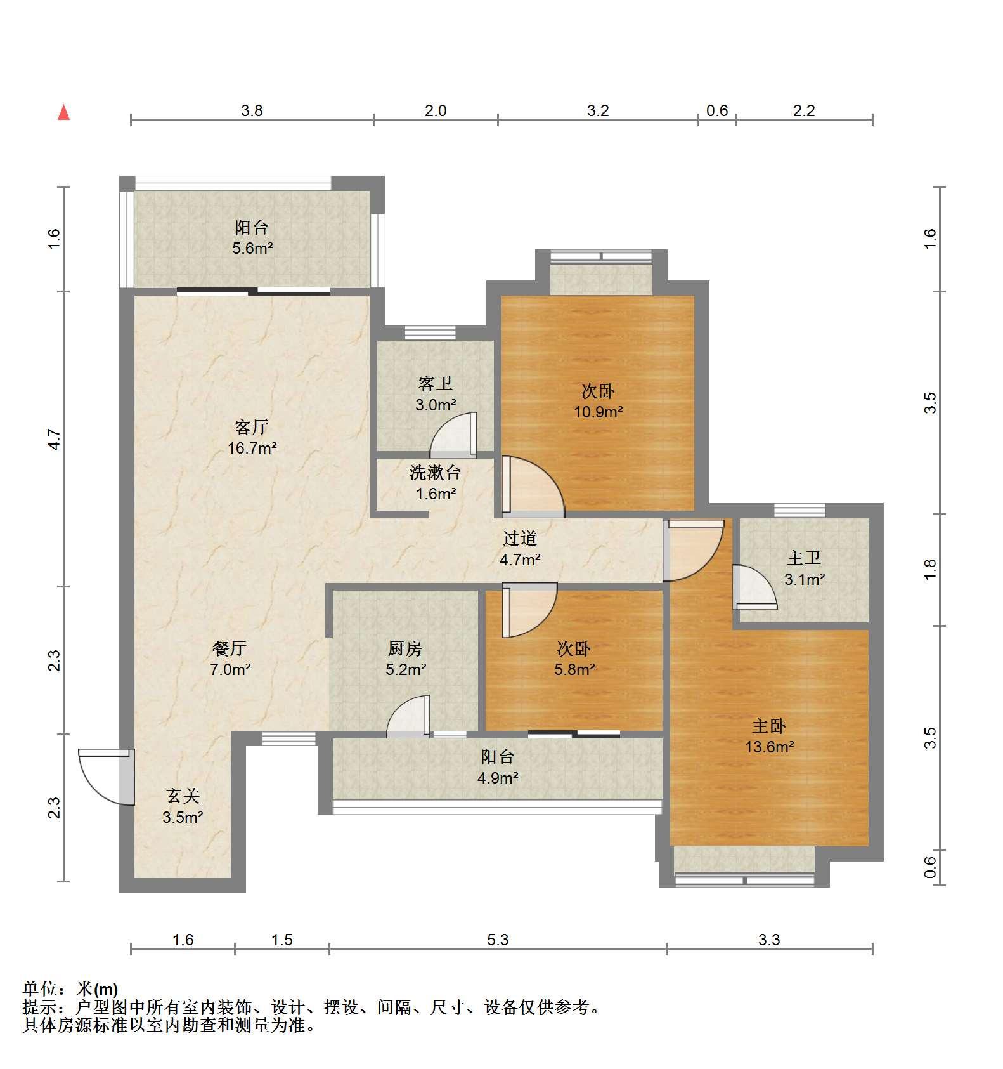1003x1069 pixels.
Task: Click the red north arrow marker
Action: click(x=63, y=112)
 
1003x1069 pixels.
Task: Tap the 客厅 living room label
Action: click(x=252, y=427)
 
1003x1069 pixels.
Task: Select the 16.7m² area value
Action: click(x=252, y=449)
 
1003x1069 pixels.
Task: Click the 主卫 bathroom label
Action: click(x=804, y=558)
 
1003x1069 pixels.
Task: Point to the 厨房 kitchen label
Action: click(x=405, y=648)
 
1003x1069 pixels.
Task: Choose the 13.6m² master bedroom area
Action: click(x=769, y=747)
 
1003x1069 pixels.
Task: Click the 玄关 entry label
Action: click(x=183, y=796)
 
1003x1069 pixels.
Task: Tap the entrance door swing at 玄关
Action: click(x=107, y=776)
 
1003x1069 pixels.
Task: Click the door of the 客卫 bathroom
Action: click(x=453, y=435)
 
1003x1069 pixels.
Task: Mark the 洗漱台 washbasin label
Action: click(x=435, y=473)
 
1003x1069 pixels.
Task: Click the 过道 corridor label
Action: click(x=520, y=538)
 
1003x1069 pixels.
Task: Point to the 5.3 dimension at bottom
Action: click(x=498, y=940)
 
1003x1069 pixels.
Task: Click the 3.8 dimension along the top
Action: click(x=252, y=110)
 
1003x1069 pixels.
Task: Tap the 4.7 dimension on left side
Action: click(x=55, y=439)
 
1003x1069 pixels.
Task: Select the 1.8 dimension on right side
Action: click(x=929, y=569)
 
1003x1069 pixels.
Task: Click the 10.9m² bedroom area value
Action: click(x=599, y=412)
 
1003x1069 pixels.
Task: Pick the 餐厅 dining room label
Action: click(x=230, y=648)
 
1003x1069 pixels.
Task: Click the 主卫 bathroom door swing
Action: click(x=754, y=587)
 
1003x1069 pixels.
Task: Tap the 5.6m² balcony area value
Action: click(x=252, y=248)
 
